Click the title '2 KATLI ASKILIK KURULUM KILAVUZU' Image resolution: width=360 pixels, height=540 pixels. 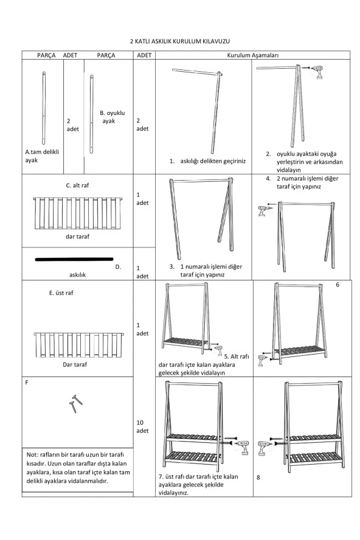pos(180,41)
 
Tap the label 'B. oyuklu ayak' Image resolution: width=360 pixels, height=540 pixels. pos(112,117)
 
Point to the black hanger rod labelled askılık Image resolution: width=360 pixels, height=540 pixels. pos(74,259)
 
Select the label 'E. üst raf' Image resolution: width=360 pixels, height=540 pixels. pos(61,293)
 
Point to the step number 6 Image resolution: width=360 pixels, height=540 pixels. pos(337,285)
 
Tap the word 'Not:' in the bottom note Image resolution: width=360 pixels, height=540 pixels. pos(32,454)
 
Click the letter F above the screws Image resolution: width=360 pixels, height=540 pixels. pos(27,383)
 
